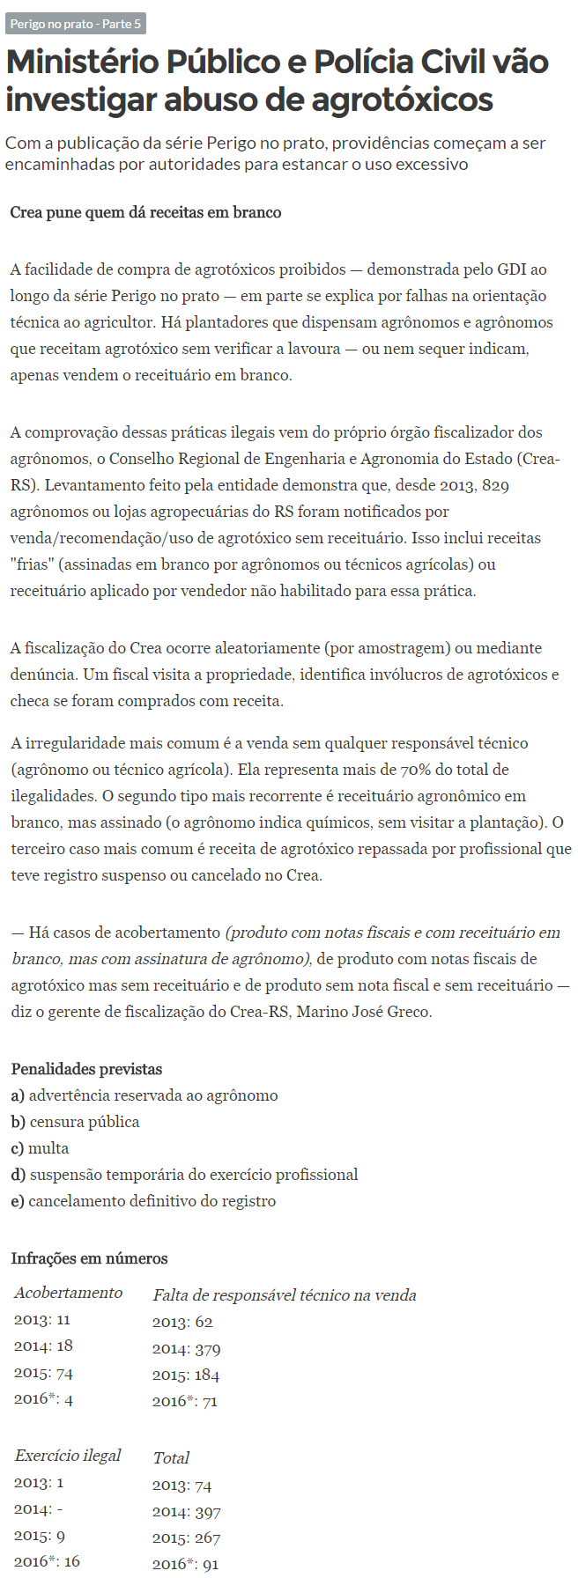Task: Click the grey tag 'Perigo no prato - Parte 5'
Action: [75, 24]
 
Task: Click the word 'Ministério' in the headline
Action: [86, 63]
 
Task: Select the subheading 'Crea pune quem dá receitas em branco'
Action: [145, 212]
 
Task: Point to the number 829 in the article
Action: [496, 485]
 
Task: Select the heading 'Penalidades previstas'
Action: [86, 1069]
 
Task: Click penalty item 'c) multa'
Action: [40, 1148]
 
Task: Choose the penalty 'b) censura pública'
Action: [75, 1122]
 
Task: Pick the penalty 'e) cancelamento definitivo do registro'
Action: [143, 1201]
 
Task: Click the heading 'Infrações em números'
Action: [89, 1258]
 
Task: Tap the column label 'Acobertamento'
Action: [68, 1293]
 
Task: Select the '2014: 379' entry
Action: [186, 1349]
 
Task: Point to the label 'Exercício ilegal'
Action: [67, 1455]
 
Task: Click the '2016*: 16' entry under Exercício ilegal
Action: [47, 1560]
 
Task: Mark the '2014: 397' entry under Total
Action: [186, 1512]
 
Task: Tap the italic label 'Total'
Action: [171, 1457]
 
